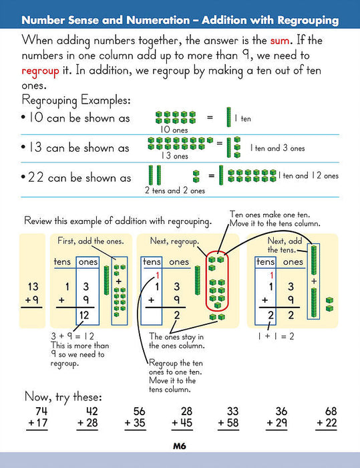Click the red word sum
(279, 41)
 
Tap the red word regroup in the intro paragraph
(40, 72)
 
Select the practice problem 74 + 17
(37, 418)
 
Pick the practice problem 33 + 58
(228, 418)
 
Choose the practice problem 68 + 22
(327, 418)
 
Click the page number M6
(180, 446)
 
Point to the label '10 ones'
(174, 130)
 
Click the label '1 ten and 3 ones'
(277, 148)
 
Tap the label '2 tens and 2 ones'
(175, 191)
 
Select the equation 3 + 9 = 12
(73, 336)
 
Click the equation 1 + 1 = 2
(276, 336)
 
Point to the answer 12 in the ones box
(84, 315)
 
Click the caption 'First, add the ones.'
(91, 241)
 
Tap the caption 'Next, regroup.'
(174, 241)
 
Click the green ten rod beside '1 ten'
(229, 117)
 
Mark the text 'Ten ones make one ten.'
(271, 215)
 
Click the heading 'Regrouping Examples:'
(76, 100)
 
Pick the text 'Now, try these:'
(63, 397)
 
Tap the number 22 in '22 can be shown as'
(36, 178)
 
